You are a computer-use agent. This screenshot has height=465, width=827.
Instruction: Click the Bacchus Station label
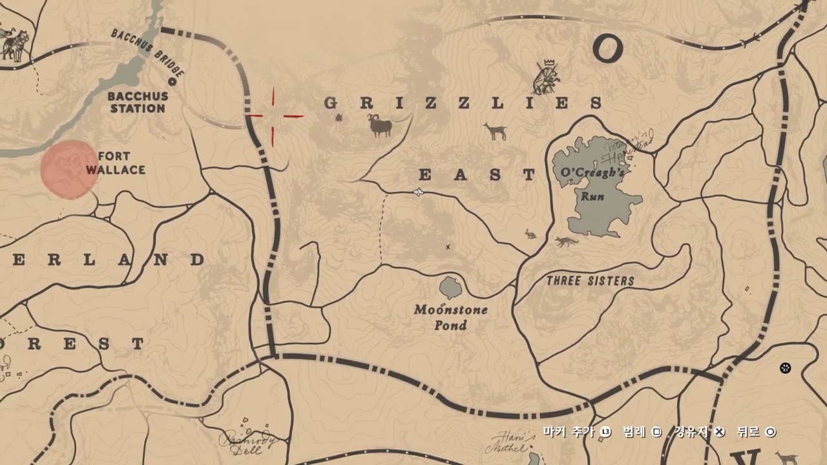(138, 102)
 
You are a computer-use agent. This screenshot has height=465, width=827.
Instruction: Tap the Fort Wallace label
(116, 163)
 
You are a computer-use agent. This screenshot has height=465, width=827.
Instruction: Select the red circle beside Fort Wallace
(68, 169)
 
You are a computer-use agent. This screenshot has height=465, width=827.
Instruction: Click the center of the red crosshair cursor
(273, 116)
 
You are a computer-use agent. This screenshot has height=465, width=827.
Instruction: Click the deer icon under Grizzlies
(496, 132)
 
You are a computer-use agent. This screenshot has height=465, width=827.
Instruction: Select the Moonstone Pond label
(450, 317)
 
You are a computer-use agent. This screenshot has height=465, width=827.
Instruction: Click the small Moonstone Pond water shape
(450, 286)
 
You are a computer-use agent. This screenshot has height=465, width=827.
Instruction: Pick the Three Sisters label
(590, 281)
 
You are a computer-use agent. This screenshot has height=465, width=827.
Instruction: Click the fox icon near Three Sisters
(567, 242)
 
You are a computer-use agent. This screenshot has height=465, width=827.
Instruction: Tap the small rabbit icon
(530, 234)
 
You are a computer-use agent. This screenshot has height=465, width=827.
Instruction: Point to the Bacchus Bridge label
(148, 52)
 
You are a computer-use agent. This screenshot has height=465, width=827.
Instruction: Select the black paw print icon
(785, 367)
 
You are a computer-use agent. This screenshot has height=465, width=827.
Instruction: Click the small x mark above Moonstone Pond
(448, 247)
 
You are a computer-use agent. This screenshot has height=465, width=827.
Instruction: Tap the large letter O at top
(607, 48)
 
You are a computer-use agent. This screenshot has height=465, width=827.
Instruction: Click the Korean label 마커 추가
(568, 431)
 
